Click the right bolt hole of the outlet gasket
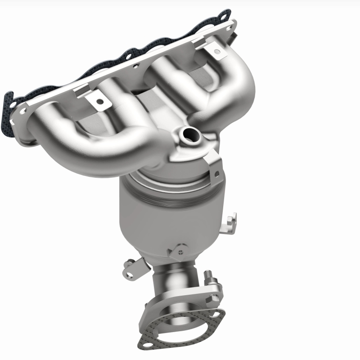[219, 316]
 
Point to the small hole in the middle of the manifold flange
[135, 66]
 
